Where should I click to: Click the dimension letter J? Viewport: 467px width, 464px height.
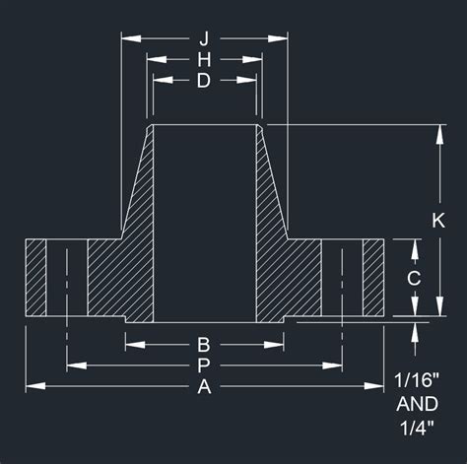point(204,38)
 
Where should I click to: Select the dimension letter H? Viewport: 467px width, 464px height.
point(204,60)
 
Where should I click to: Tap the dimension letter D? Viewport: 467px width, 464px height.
point(204,82)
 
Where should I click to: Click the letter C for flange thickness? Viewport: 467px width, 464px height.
point(415,278)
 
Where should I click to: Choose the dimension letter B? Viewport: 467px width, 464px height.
point(204,345)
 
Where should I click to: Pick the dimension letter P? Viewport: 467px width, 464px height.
point(204,365)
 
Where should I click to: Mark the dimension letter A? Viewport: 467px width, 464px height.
point(204,386)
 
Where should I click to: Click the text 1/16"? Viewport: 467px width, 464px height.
point(424,380)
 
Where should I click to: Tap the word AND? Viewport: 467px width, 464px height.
point(424,404)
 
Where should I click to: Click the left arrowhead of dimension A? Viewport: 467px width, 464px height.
point(32,386)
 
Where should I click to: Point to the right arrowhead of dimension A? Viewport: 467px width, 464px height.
point(378,386)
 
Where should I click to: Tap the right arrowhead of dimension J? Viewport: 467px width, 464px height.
point(282,38)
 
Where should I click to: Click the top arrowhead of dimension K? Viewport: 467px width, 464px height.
point(438,131)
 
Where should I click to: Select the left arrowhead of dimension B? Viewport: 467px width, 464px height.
point(131,345)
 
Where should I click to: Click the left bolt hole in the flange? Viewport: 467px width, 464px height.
point(67,278)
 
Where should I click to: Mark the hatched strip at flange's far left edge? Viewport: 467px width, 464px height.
point(36,278)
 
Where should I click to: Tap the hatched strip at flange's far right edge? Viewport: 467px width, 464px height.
point(373,278)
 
